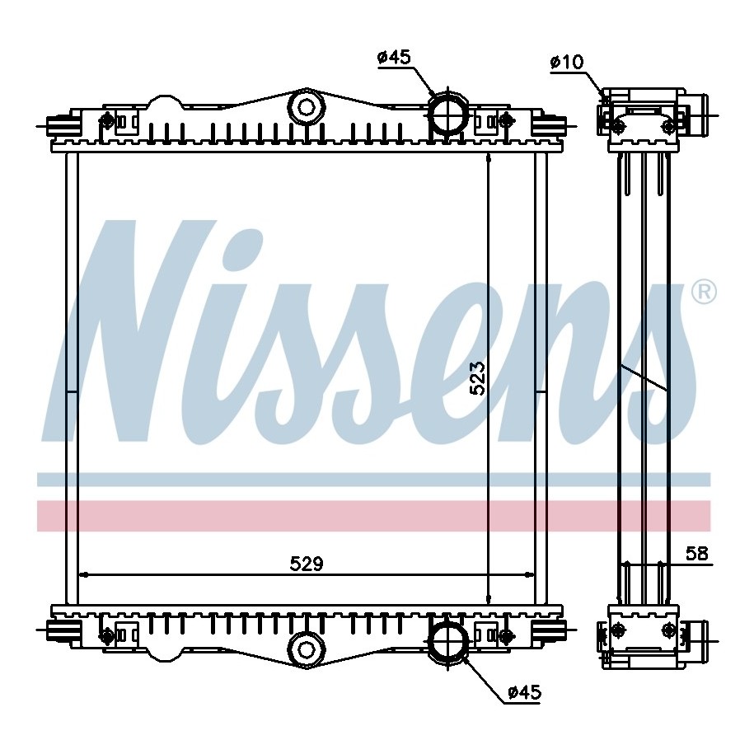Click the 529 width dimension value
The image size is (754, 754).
pos(307,564)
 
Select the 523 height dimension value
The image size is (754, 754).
pos(478,378)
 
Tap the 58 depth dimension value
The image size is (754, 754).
pos(697,554)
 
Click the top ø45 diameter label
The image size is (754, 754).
pos(395,57)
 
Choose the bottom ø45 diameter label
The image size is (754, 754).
pos(525,692)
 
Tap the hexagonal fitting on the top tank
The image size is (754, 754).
pos(306,107)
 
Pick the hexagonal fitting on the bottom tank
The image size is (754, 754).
pos(306,649)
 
